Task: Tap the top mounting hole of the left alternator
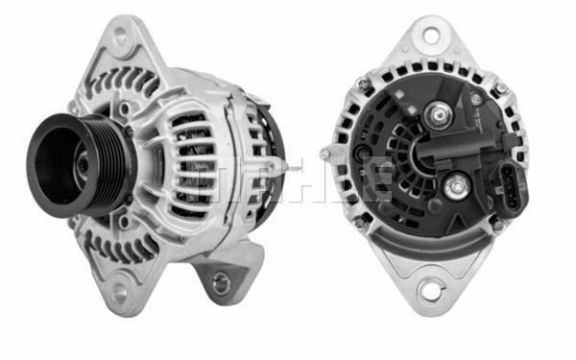point(120,36)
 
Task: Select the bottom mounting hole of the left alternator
point(119,290)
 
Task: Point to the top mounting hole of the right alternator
point(430,36)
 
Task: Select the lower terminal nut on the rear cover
point(453,185)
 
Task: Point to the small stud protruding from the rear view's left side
point(326,154)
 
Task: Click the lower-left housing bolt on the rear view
point(360,223)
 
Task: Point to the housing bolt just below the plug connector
point(496,226)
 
